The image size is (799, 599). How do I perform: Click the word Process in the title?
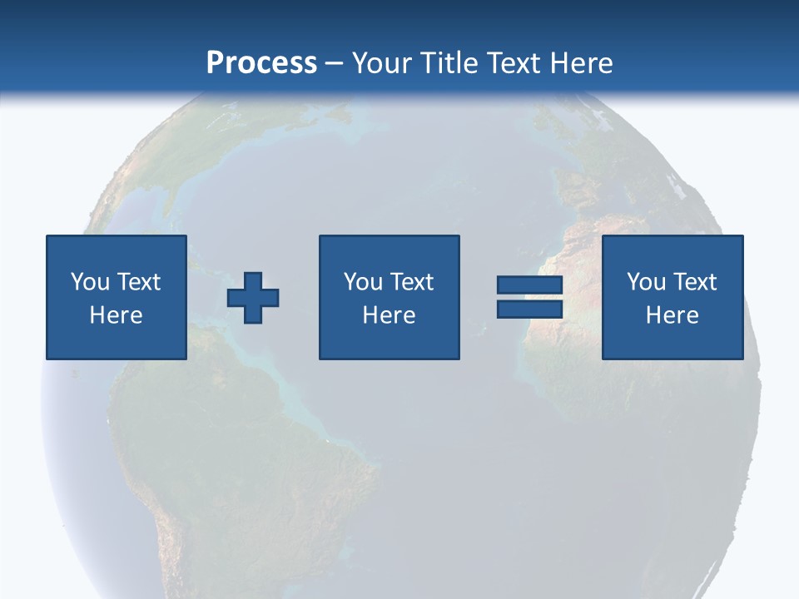pyautogui.click(x=261, y=63)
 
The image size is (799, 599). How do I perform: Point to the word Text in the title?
pyautogui.click(x=514, y=63)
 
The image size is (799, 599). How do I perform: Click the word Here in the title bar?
pyautogui.click(x=582, y=63)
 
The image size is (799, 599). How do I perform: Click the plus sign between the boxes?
pyautogui.click(x=253, y=298)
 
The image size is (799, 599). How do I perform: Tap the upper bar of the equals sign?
pyautogui.click(x=530, y=285)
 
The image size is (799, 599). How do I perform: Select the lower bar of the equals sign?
pyautogui.click(x=530, y=309)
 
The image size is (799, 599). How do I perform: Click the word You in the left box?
pyautogui.click(x=90, y=282)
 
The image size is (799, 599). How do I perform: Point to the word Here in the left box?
pyautogui.click(x=116, y=315)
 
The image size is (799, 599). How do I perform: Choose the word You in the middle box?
pyautogui.click(x=363, y=282)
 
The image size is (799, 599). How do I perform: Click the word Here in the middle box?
pyautogui.click(x=389, y=315)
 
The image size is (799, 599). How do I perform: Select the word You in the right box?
pyautogui.click(x=646, y=282)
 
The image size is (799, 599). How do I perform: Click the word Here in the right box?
pyautogui.click(x=672, y=315)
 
